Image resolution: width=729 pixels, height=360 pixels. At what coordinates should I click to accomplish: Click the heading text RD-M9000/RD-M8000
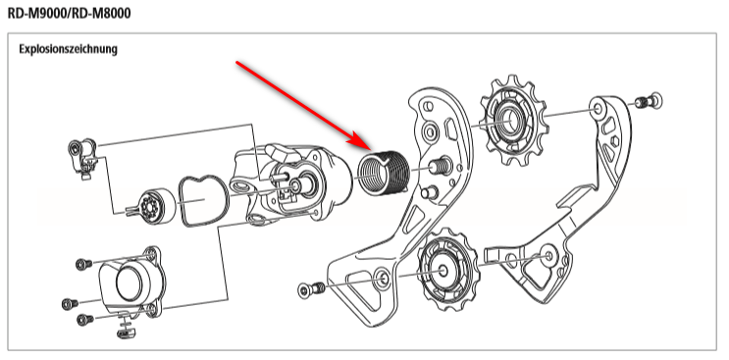70,13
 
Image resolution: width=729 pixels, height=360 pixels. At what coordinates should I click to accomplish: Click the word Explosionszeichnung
68,49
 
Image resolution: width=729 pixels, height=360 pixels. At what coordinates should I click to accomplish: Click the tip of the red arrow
370,149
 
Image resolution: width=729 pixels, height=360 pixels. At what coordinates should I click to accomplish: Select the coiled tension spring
383,173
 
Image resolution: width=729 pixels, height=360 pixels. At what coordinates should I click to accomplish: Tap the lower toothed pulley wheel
443,270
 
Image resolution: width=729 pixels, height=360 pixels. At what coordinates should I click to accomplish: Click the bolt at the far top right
649,101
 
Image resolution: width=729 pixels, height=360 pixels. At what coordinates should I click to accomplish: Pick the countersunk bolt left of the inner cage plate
311,289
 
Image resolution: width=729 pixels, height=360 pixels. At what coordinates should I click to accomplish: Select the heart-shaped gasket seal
204,201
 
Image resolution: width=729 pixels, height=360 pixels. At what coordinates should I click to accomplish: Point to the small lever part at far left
82,158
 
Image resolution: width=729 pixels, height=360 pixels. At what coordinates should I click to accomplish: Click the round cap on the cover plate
130,283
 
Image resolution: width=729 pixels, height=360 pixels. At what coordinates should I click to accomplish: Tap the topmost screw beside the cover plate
84,264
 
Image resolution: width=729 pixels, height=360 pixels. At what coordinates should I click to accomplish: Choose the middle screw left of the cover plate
71,304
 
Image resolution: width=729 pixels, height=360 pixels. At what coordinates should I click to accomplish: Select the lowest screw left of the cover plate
84,319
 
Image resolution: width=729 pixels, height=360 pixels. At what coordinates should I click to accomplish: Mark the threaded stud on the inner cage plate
440,166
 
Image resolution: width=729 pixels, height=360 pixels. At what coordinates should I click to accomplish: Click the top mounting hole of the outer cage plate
598,110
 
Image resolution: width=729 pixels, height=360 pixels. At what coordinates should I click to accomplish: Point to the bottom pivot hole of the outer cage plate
548,256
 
